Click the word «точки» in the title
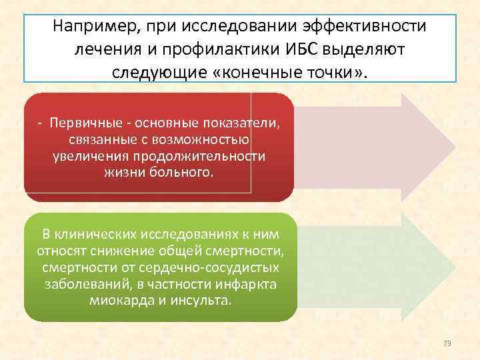(330, 71)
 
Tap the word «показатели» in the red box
(235, 125)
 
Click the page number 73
(447, 343)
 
